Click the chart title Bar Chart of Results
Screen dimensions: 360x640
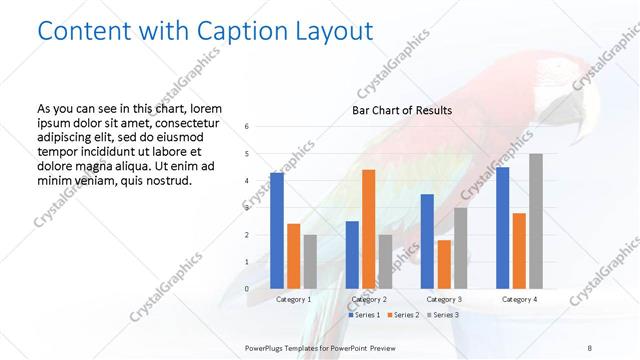pyautogui.click(x=402, y=110)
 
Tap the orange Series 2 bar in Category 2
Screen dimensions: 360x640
pyautogui.click(x=369, y=229)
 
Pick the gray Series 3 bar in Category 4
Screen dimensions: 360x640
pyautogui.click(x=536, y=221)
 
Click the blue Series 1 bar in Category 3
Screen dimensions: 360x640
pyautogui.click(x=427, y=241)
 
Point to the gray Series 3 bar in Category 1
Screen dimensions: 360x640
pyautogui.click(x=310, y=262)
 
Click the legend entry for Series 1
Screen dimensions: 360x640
pyautogui.click(x=364, y=315)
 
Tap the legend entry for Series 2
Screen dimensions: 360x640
pyautogui.click(x=402, y=315)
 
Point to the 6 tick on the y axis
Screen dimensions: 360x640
pyautogui.click(x=247, y=127)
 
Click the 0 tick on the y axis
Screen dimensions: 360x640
pyautogui.click(x=247, y=289)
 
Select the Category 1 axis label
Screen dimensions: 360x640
pyautogui.click(x=293, y=299)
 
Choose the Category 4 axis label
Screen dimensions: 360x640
pyautogui.click(x=519, y=299)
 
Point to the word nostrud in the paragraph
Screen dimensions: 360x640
pyautogui.click(x=163, y=181)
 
